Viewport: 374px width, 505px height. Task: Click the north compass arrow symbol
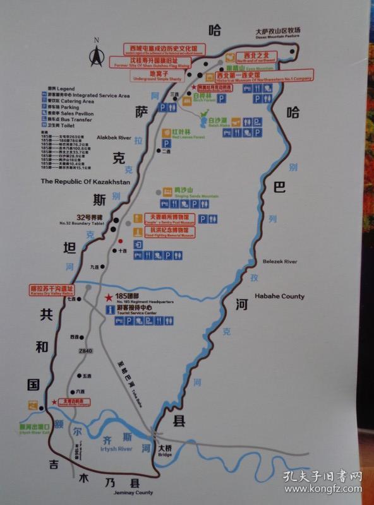(97, 57)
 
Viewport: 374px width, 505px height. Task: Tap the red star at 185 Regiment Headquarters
(109, 297)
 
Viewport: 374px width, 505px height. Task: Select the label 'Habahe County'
(279, 296)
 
